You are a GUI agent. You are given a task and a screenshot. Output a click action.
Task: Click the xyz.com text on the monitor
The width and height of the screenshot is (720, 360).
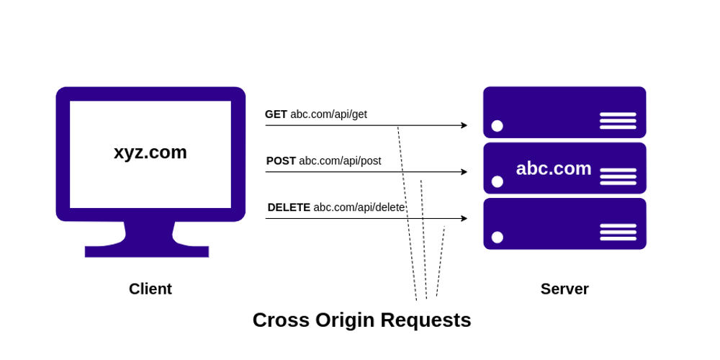pyautogui.click(x=150, y=152)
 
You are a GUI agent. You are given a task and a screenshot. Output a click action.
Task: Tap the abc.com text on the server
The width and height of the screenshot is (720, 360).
pyautogui.click(x=553, y=168)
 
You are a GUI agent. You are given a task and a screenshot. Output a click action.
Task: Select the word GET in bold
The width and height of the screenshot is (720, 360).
pyautogui.click(x=276, y=114)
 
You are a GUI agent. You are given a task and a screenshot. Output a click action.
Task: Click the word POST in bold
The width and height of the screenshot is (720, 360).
pyautogui.click(x=281, y=161)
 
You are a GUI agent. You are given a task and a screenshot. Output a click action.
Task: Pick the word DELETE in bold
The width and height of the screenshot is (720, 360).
pyautogui.click(x=289, y=207)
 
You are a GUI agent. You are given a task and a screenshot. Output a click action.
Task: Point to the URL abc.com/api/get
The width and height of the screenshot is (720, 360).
pyautogui.click(x=328, y=114)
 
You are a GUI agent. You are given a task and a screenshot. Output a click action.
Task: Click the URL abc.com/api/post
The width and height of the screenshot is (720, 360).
pyautogui.click(x=340, y=161)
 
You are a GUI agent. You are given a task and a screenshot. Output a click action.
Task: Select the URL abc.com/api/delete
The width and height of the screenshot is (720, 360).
pyautogui.click(x=359, y=207)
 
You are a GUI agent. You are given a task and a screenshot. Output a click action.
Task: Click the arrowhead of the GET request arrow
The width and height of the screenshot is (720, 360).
pyautogui.click(x=464, y=125)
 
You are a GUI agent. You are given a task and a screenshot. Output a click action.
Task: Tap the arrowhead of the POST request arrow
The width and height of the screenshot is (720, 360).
pyautogui.click(x=464, y=172)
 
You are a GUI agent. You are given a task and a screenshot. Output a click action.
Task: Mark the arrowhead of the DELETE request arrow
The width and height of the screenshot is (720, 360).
pyautogui.click(x=464, y=218)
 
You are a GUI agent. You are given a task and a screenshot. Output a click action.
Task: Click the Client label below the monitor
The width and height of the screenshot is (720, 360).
pyautogui.click(x=150, y=289)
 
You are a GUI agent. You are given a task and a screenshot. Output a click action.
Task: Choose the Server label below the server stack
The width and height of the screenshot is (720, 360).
pyautogui.click(x=564, y=289)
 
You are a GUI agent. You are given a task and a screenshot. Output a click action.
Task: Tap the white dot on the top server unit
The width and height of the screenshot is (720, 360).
pyautogui.click(x=497, y=126)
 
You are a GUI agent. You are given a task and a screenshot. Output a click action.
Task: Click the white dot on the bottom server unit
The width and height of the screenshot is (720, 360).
pyautogui.click(x=497, y=238)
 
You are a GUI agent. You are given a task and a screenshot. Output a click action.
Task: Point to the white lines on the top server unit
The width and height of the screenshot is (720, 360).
pyautogui.click(x=618, y=120)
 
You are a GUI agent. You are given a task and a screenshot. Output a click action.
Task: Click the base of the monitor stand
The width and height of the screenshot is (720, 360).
pyautogui.click(x=147, y=251)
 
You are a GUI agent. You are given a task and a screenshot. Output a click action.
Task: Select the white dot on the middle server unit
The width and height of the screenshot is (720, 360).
pyautogui.click(x=497, y=181)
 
